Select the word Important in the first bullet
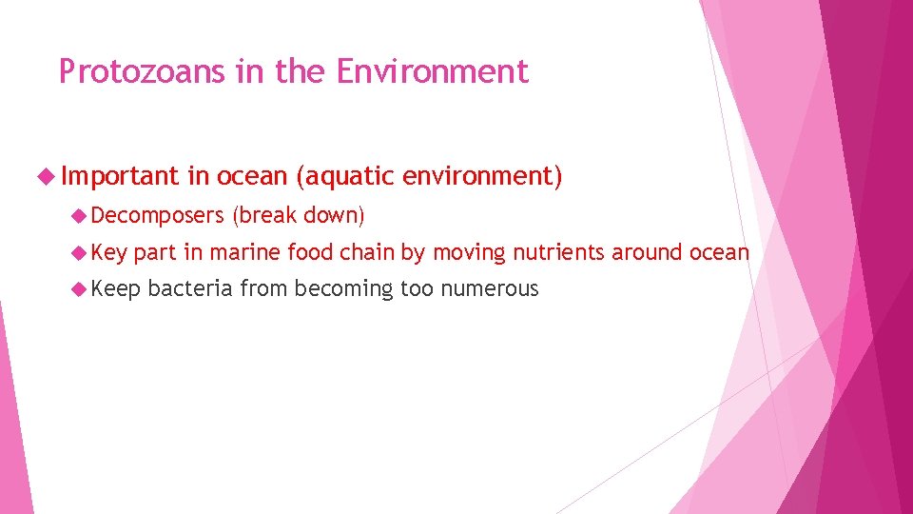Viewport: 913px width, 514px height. click(120, 176)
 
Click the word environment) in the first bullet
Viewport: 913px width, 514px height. click(482, 176)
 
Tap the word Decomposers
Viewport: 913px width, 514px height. click(158, 216)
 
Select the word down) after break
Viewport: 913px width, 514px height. click(334, 216)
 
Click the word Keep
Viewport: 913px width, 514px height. click(116, 288)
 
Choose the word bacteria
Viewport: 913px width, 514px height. click(190, 288)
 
